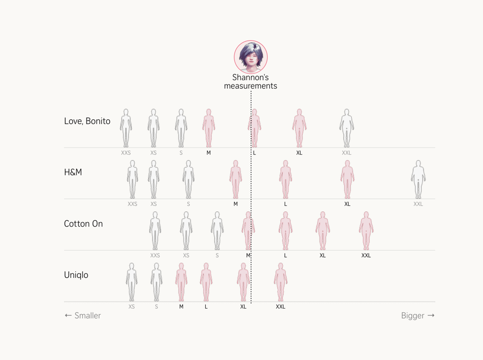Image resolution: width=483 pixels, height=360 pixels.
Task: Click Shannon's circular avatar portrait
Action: (251, 57)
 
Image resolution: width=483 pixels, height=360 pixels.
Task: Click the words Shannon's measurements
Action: (251, 82)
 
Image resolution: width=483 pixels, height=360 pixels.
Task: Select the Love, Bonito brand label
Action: (87, 121)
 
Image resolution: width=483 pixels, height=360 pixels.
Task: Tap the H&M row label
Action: (73, 172)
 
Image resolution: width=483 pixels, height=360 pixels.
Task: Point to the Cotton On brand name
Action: (84, 224)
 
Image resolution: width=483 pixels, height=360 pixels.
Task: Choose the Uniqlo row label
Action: (76, 275)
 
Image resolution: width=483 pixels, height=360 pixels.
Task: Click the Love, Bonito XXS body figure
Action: (126, 128)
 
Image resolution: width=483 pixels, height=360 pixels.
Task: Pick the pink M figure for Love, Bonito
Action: (209, 128)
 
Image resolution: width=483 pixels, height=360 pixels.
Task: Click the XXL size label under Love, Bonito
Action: (347, 153)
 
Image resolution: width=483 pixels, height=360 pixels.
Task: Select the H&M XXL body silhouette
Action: (418, 179)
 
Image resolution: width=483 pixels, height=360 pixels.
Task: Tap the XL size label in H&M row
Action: (347, 204)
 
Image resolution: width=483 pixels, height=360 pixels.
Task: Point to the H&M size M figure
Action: (235, 179)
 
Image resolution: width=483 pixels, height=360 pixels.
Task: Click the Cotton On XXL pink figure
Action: (366, 231)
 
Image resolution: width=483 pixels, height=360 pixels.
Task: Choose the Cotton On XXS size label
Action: (155, 255)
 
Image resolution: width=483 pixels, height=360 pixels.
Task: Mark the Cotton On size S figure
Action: (217, 231)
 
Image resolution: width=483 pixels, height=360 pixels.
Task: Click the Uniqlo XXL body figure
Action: (281, 282)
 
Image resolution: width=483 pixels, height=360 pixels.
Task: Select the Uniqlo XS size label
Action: (132, 307)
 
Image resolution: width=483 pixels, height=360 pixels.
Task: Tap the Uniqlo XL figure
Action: (244, 282)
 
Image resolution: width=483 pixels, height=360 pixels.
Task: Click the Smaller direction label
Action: (83, 316)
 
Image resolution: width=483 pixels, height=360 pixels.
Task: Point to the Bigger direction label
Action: (418, 316)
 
